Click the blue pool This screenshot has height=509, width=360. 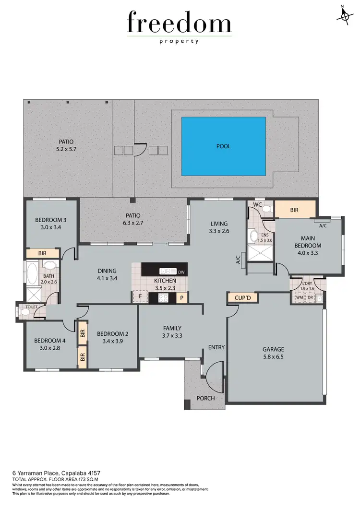[223, 146]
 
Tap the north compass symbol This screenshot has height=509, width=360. [344, 15]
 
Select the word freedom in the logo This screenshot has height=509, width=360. [179, 23]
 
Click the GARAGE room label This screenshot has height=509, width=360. [273, 349]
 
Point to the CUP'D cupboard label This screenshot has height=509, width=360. [242, 298]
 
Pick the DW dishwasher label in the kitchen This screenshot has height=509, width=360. [181, 272]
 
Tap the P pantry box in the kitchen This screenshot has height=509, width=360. [181, 297]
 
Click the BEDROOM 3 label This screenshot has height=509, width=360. [51, 220]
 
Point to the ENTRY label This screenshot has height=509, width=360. [216, 347]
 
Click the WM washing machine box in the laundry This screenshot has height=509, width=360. [300, 298]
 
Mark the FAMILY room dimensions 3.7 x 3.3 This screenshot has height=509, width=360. [172, 336]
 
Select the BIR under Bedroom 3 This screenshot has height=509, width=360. [42, 253]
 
